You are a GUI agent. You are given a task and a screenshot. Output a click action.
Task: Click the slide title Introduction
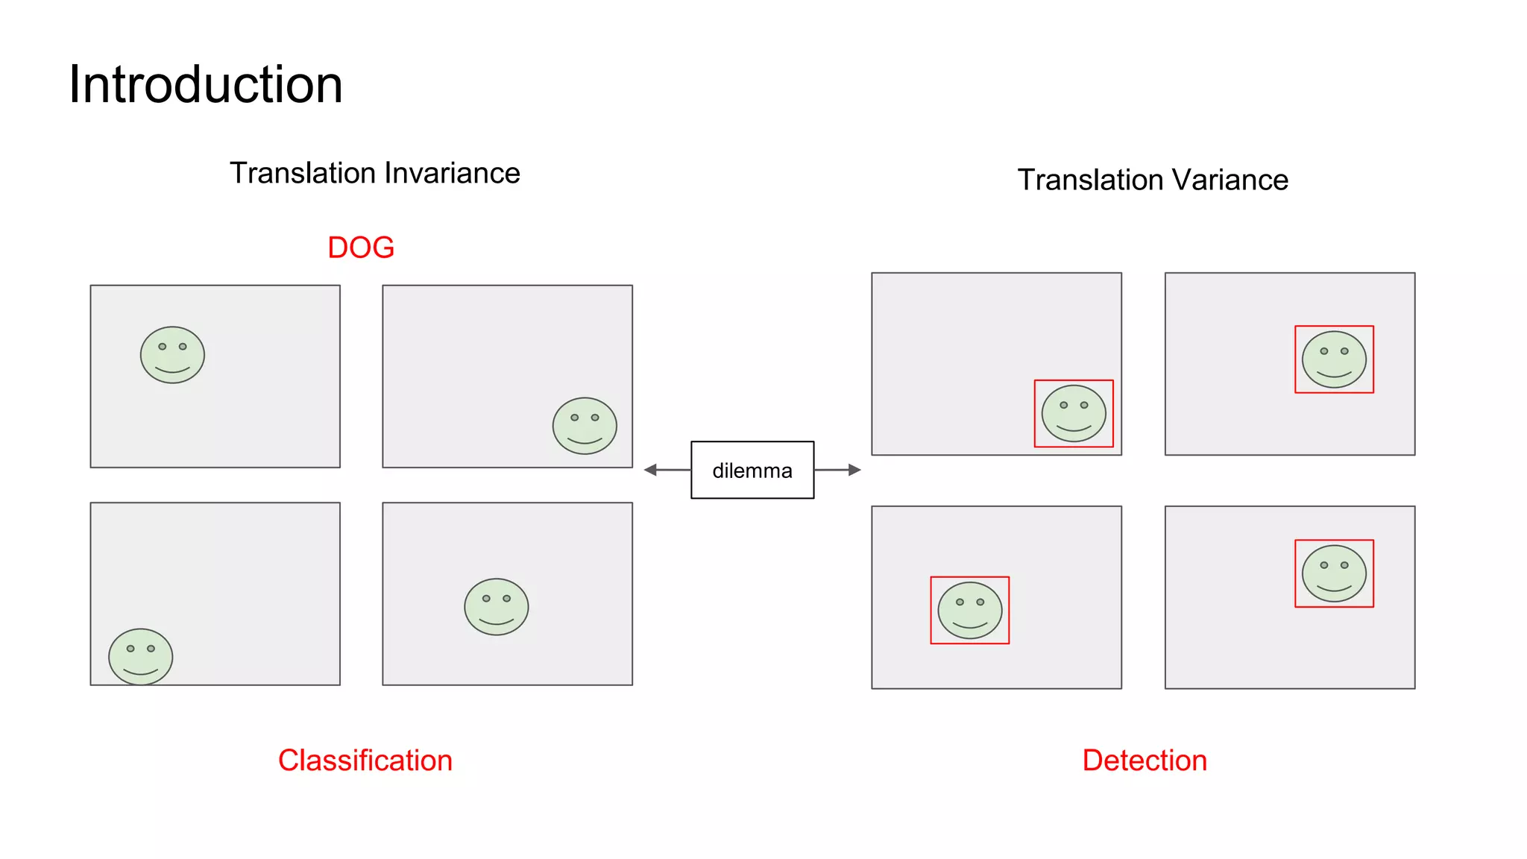pyautogui.click(x=206, y=84)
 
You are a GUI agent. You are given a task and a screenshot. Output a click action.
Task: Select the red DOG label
pyautogui.click(x=361, y=248)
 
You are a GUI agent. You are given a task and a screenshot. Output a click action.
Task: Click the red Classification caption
pyautogui.click(x=365, y=761)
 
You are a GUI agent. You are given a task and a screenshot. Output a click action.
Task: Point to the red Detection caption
pyautogui.click(x=1145, y=761)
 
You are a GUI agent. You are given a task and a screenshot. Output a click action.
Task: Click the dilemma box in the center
pyautogui.click(x=752, y=470)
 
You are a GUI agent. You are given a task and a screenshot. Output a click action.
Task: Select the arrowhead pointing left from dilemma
pyautogui.click(x=651, y=470)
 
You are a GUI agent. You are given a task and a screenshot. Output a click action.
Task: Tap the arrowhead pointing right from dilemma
pyautogui.click(x=854, y=470)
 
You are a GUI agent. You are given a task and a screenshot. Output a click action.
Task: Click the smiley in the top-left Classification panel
pyautogui.click(x=172, y=355)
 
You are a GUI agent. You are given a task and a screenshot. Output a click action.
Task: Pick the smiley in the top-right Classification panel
pyautogui.click(x=585, y=426)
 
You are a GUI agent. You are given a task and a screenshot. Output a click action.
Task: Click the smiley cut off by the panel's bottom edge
pyautogui.click(x=141, y=656)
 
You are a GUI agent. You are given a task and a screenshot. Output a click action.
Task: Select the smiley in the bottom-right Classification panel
pyautogui.click(x=497, y=607)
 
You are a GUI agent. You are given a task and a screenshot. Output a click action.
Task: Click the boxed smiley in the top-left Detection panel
pyautogui.click(x=1074, y=414)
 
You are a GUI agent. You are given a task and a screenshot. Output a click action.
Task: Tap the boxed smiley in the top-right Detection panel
pyautogui.click(x=1334, y=359)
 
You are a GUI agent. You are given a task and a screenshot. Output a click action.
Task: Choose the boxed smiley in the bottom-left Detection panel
pyautogui.click(x=969, y=611)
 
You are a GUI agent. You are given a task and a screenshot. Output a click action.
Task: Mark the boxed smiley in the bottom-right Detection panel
pyautogui.click(x=1334, y=573)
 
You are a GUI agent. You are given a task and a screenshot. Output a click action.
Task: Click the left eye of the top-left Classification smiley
pyautogui.click(x=163, y=347)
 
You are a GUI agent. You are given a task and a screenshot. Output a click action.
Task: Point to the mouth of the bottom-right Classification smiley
pyautogui.click(x=497, y=621)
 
